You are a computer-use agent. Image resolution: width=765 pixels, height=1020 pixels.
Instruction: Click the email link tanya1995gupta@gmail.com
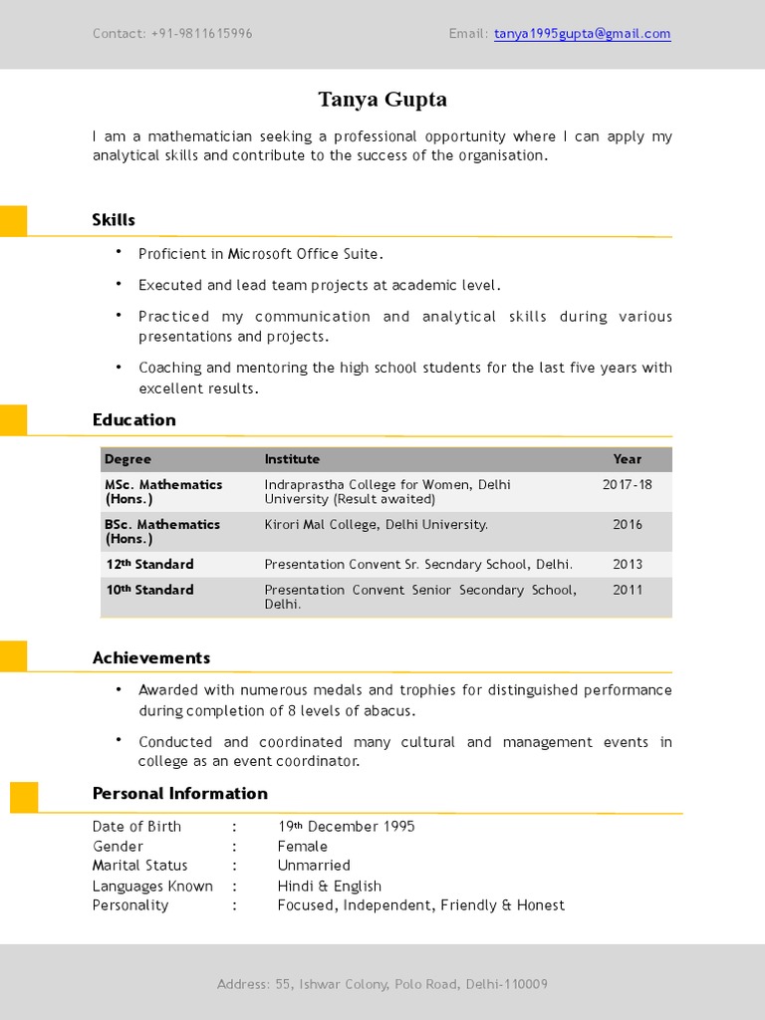click(582, 34)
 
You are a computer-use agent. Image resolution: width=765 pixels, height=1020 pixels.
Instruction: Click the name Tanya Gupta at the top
click(382, 100)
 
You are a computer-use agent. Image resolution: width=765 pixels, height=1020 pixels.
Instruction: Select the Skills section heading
click(114, 220)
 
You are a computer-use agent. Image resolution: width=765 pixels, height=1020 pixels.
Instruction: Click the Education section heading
click(133, 420)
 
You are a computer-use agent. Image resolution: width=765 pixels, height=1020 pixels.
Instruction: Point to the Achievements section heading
click(150, 657)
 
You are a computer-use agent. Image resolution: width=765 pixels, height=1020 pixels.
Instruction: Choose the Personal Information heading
click(179, 794)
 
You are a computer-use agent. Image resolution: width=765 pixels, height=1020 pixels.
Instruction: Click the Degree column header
click(127, 459)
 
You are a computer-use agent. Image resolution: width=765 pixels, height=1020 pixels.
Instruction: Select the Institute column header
click(292, 459)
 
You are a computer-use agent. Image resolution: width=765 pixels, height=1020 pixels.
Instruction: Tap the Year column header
click(627, 459)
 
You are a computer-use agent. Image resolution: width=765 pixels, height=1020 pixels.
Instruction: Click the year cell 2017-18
click(627, 485)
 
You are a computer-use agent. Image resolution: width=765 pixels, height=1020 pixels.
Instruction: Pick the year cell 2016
click(627, 525)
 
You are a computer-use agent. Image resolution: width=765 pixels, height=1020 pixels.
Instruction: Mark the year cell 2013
click(627, 565)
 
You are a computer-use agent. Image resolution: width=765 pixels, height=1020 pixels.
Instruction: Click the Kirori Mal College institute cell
click(376, 525)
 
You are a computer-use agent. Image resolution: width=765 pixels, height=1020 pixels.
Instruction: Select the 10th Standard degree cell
click(149, 591)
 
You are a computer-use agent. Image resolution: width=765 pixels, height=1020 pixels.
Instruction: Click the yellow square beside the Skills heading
click(13, 220)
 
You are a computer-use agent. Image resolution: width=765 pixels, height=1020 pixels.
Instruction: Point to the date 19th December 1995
click(346, 827)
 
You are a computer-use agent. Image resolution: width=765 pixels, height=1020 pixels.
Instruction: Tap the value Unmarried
click(314, 866)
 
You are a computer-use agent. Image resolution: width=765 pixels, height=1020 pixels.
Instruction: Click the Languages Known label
click(152, 887)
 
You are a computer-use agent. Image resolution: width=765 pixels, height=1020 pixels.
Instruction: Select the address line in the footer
click(382, 985)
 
